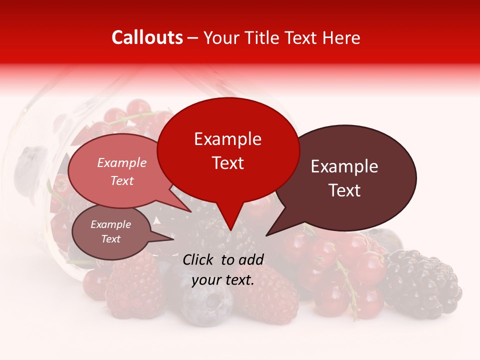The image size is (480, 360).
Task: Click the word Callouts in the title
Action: (147, 37)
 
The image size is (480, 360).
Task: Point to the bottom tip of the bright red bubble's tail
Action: (230, 230)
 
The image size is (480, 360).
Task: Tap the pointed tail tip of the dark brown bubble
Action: (266, 235)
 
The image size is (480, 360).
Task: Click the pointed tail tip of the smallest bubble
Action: (174, 239)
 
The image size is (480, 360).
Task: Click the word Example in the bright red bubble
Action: (228, 139)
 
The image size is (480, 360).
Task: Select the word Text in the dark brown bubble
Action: (345, 190)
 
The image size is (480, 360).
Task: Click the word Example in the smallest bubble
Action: (110, 224)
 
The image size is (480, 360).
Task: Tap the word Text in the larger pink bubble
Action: (121, 180)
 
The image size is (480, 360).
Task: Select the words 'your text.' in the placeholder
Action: (222, 280)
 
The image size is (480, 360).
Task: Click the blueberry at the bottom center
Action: (206, 302)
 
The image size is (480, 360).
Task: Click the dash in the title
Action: (193, 37)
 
